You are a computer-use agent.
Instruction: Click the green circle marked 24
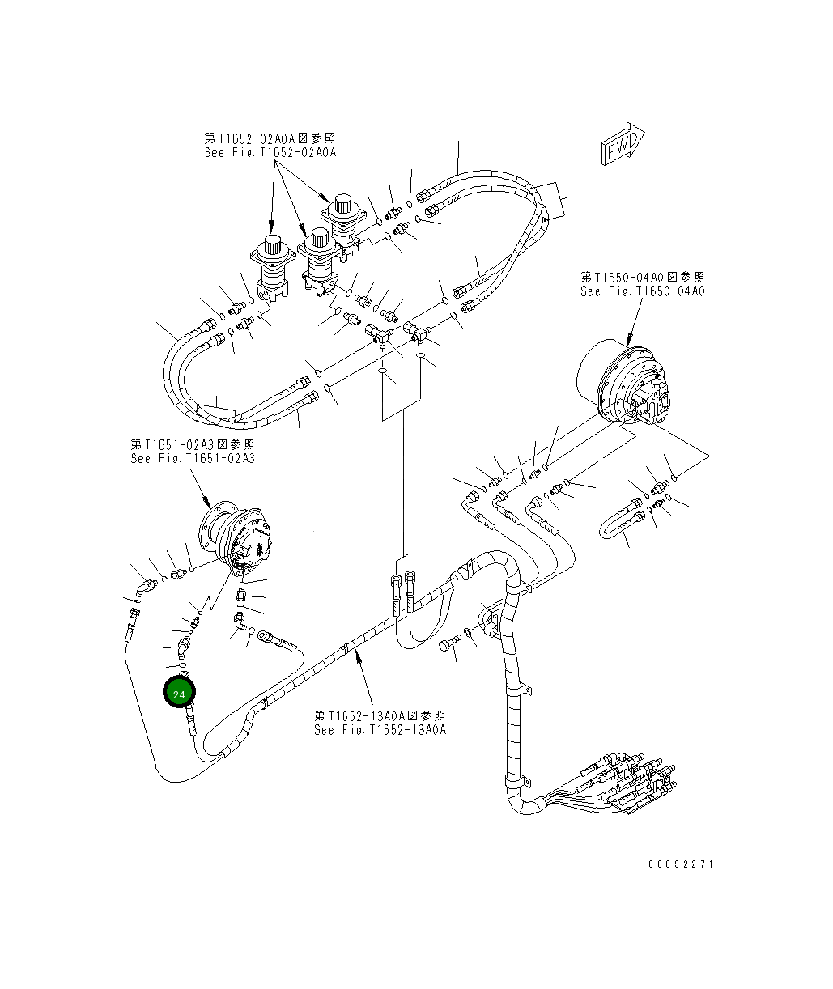pyautogui.click(x=179, y=694)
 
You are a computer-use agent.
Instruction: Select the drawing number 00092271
pyautogui.click(x=681, y=864)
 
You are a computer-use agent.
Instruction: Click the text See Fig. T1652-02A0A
pyautogui.click(x=270, y=152)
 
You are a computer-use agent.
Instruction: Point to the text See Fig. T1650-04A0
pyautogui.click(x=642, y=291)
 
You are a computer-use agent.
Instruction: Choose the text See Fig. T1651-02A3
pyautogui.click(x=193, y=458)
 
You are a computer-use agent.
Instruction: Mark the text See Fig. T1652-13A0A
pyautogui.click(x=380, y=729)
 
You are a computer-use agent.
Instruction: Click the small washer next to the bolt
pyautogui.click(x=469, y=632)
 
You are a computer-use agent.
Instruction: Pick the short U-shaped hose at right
pyautogui.click(x=619, y=525)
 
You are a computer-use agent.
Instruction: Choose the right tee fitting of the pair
pyautogui.click(x=419, y=330)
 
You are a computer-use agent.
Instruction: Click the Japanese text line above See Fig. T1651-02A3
pyautogui.click(x=193, y=444)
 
